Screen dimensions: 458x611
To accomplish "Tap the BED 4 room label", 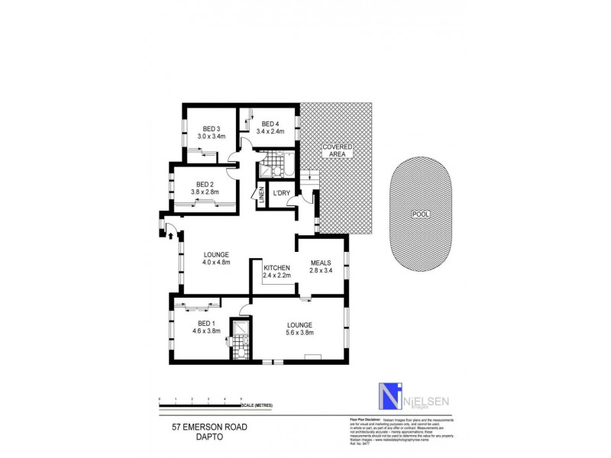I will [271, 124].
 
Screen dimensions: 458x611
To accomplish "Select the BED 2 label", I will [204, 184].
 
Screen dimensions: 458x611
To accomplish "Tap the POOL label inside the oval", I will [419, 214].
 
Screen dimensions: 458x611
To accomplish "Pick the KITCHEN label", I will [277, 267].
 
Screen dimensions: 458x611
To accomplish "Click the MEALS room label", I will [321, 262].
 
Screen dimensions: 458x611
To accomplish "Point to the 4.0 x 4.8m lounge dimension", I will [217, 263].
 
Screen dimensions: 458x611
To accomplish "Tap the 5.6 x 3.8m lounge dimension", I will [299, 333].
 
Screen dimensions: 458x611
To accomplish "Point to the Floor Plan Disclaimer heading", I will [354, 419].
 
